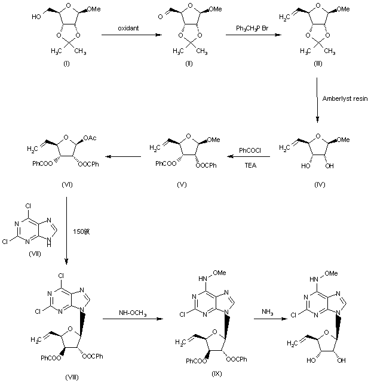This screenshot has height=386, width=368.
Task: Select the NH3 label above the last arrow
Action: pos(267,312)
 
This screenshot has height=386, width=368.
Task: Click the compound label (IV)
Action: pos(320,185)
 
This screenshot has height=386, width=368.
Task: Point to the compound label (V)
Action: pos(182,185)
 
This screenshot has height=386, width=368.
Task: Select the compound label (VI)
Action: pos(67,185)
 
